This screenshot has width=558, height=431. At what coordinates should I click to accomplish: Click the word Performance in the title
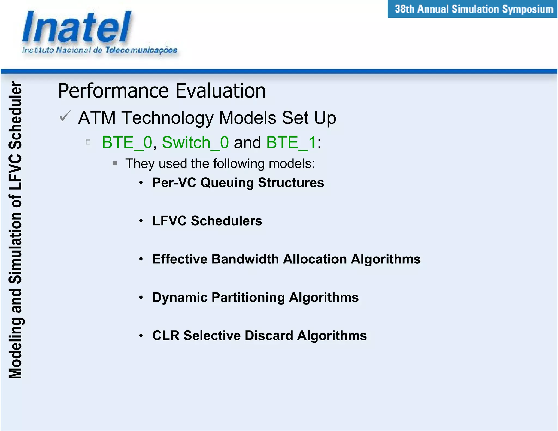click(x=114, y=91)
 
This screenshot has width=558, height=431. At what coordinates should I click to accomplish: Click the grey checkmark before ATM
click(x=65, y=116)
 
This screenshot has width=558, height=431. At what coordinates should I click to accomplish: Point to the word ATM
click(x=97, y=118)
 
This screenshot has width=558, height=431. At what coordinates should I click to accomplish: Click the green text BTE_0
click(x=127, y=142)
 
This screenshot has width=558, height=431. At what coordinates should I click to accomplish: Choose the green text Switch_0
click(x=195, y=142)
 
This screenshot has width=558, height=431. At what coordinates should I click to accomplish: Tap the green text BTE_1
click(x=291, y=142)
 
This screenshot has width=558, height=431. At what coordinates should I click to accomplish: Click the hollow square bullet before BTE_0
click(x=88, y=142)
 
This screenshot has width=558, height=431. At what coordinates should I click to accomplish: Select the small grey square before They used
click(x=115, y=163)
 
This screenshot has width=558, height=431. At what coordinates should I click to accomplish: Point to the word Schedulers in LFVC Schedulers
click(x=226, y=221)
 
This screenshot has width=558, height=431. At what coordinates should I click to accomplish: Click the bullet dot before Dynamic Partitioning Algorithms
click(x=141, y=298)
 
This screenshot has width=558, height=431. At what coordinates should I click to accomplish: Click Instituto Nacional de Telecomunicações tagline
click(x=99, y=50)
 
